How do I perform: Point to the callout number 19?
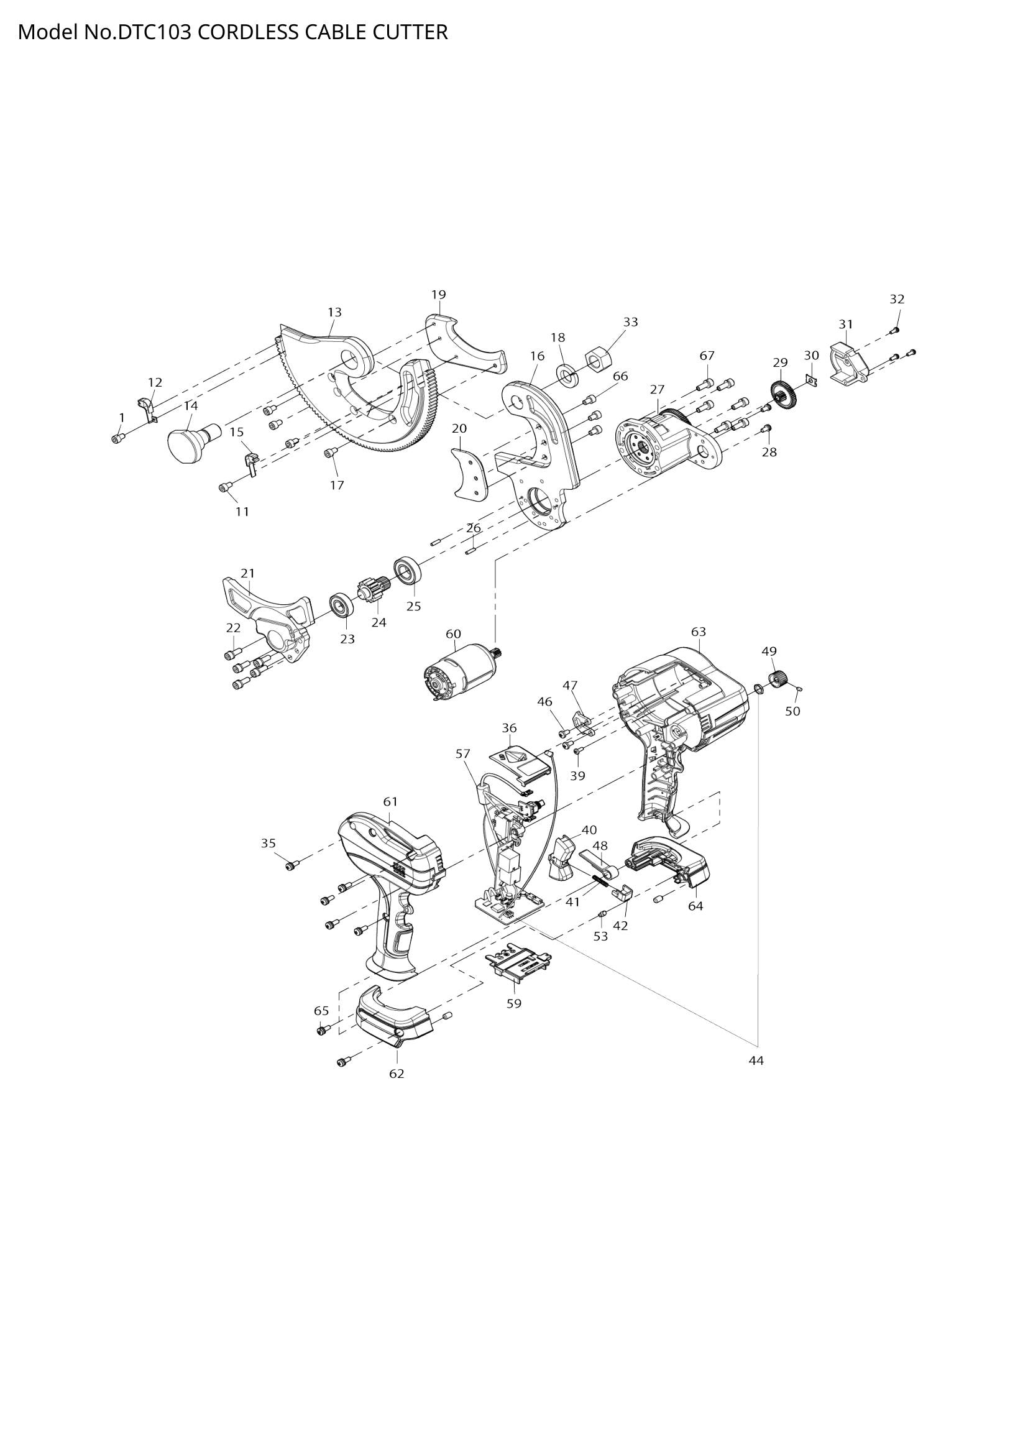439,295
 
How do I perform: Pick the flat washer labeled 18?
567,375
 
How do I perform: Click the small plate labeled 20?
471,474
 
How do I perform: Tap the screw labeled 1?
117,438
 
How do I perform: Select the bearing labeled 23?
341,607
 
